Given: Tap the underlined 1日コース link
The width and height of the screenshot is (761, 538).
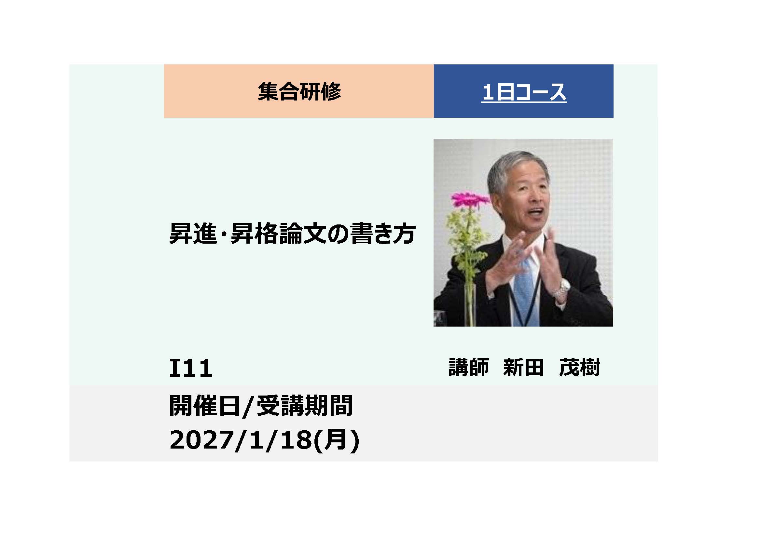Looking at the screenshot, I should coord(524,92).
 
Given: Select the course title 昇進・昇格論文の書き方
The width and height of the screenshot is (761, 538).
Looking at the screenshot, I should coord(292,234).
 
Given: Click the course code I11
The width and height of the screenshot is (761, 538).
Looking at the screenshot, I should coord(191,368).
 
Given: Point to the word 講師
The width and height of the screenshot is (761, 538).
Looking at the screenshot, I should coord(469,367).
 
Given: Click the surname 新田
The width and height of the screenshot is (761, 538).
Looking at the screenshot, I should coord(523,367).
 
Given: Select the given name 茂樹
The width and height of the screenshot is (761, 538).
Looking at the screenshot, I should coord(579,367).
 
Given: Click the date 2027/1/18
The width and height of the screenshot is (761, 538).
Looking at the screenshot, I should coord(241,440).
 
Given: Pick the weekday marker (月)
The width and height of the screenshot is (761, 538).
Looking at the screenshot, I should coord(337,440).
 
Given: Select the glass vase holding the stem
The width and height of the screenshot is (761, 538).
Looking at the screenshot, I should coord(470,305).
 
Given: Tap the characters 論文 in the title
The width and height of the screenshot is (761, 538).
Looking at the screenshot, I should coord(304,234).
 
